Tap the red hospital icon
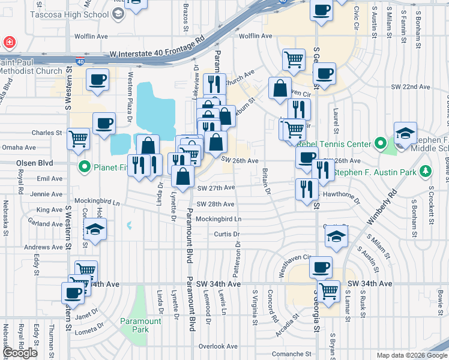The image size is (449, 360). tap(9, 43)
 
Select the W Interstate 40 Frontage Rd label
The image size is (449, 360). tap(157, 54)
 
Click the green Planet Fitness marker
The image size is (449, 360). tap(85, 166)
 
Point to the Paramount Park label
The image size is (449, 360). tap(140, 325)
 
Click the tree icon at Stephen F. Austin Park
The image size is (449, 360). tap(426, 172)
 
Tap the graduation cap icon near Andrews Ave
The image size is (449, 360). tap(95, 230)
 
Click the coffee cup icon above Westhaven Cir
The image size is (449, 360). tap(321, 266)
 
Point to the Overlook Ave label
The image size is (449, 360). tap(218, 346)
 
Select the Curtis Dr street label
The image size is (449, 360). tap(227, 234)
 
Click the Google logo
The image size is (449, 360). tap(20, 353)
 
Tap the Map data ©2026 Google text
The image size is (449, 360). tap(411, 355)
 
